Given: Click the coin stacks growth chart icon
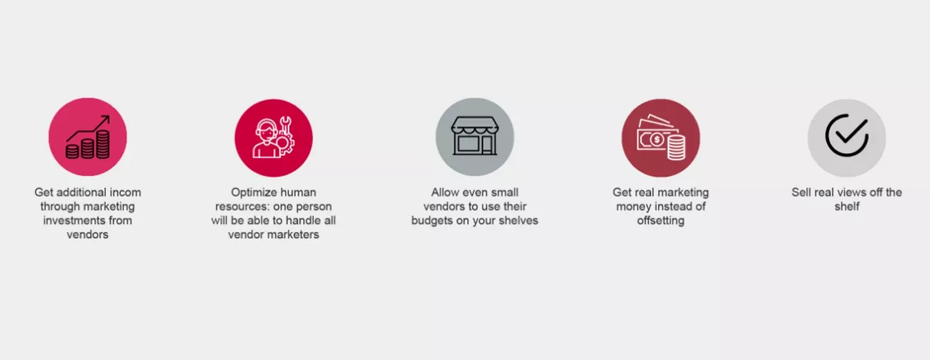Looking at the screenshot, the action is click(x=88, y=137).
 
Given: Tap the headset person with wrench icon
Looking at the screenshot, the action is click(x=273, y=137).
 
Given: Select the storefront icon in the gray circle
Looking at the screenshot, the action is click(x=475, y=136).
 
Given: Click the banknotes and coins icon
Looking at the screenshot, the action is click(x=661, y=137).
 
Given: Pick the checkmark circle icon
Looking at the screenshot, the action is click(x=847, y=136).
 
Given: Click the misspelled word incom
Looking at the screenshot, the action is click(x=125, y=192).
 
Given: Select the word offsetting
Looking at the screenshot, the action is click(x=661, y=220).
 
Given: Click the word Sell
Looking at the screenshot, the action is click(x=800, y=192).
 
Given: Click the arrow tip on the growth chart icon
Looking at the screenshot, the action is click(x=109, y=116).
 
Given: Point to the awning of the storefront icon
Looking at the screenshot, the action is click(x=475, y=125).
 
